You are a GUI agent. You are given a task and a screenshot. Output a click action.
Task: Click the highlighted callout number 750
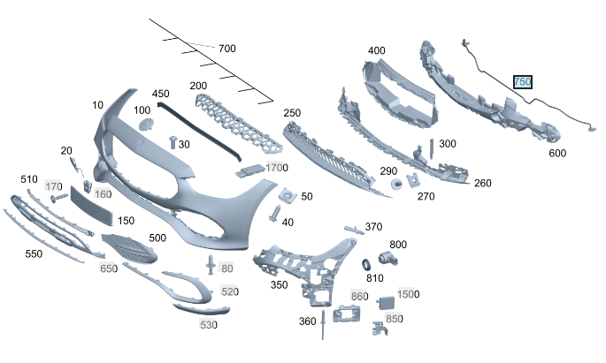tap(523, 82)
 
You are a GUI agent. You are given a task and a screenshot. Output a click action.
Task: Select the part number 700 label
tap(226, 49)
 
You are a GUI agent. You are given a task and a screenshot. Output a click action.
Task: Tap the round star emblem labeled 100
tap(146, 125)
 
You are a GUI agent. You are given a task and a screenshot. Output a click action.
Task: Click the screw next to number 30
tap(173, 142)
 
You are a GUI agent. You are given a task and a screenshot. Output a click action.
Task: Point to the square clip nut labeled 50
tap(288, 195)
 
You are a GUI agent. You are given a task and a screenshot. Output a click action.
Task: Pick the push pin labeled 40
tap(276, 214)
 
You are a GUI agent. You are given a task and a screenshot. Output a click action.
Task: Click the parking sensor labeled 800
tap(387, 258)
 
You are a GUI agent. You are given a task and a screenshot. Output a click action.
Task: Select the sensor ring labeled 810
tap(366, 265)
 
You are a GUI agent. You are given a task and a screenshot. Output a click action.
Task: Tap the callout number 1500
tap(408, 294)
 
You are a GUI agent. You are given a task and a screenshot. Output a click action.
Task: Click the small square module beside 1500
tap(386, 303)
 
